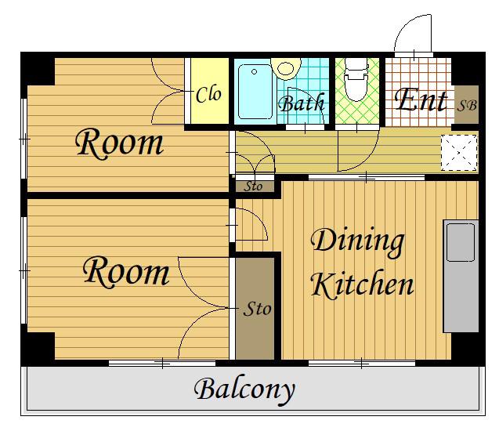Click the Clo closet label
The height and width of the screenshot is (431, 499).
point(208,95)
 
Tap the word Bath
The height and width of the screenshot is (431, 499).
point(302,103)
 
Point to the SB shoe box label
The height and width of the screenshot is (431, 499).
point(467,105)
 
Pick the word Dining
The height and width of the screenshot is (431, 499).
point(357,241)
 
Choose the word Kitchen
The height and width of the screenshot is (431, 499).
point(362,284)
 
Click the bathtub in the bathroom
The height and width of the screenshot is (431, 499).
point(255,92)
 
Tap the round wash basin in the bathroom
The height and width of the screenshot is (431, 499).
point(285,68)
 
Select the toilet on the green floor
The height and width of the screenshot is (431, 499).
point(356,80)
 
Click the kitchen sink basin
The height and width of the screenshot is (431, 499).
point(461,243)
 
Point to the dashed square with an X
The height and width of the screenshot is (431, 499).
point(459,153)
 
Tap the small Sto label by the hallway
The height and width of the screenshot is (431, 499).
point(253,187)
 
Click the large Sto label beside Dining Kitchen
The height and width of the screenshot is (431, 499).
point(257,309)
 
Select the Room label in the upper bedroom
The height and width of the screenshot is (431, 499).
point(119,143)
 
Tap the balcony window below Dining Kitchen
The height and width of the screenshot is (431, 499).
point(362,363)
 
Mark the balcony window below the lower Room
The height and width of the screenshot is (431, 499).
point(162,363)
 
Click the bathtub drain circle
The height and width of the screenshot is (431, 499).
point(254,72)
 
